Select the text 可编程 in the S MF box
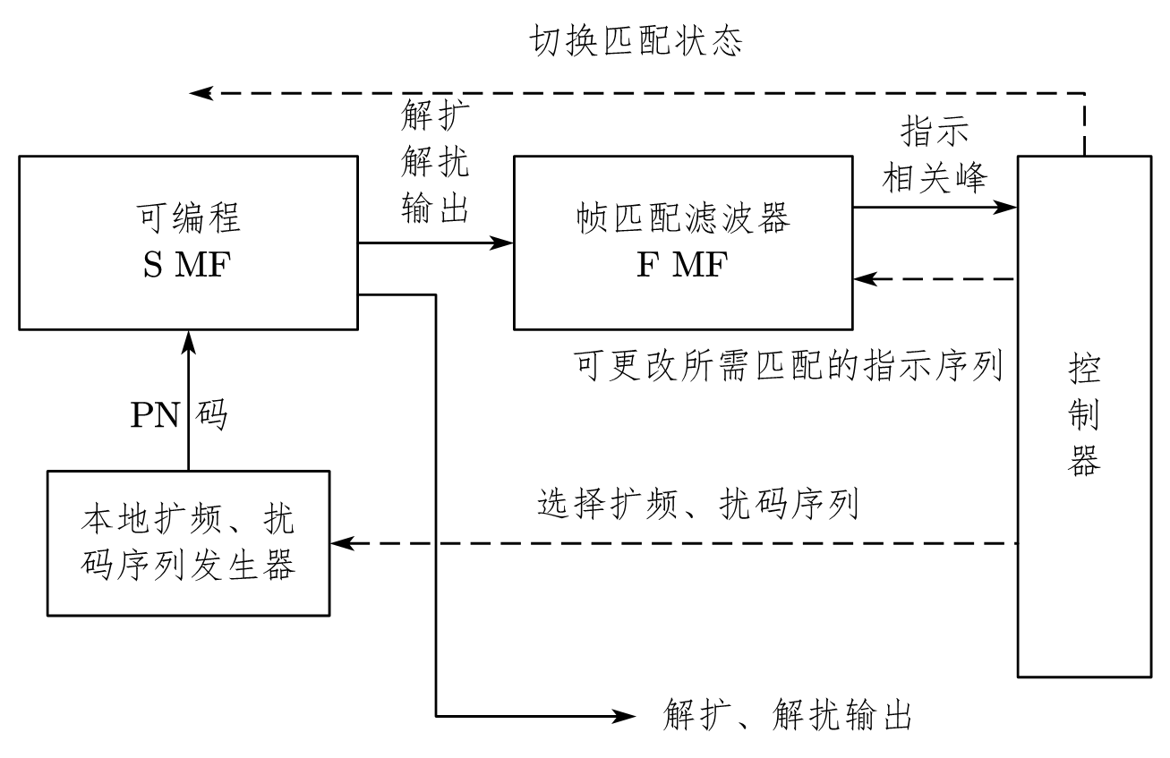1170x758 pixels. coord(187,217)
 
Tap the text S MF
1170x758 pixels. coord(187,266)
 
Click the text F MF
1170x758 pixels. coord(682,267)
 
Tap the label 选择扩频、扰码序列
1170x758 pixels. coord(698,505)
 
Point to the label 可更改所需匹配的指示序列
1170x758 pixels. coord(788,366)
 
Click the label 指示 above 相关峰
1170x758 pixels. coord(935,132)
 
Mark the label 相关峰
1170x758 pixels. coord(935,178)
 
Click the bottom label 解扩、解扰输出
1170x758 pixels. coord(787,716)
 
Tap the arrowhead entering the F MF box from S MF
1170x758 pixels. coord(505,243)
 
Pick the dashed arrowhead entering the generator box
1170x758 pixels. coord(341,543)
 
